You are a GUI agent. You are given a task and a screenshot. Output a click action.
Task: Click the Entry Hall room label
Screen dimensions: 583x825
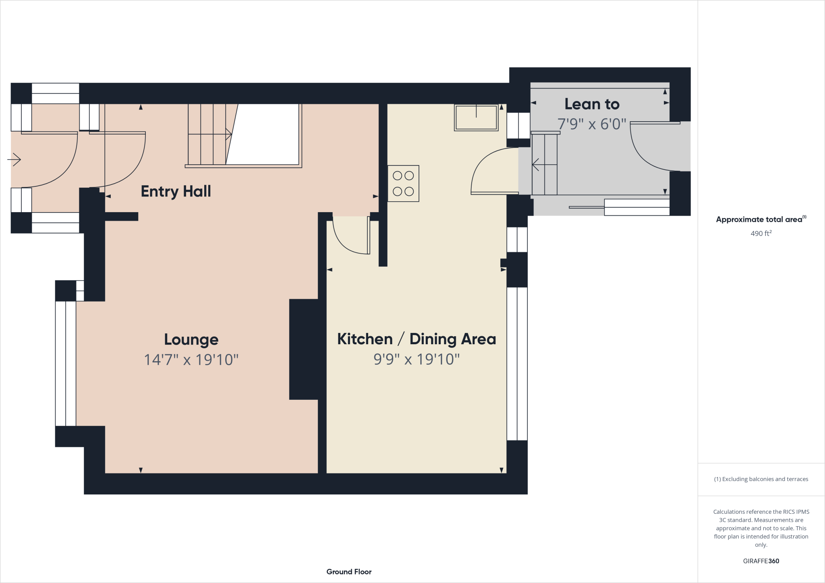176,191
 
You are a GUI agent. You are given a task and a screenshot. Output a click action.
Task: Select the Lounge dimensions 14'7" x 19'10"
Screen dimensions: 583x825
191,360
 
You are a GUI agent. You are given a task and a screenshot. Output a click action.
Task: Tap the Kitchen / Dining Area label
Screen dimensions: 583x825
416,339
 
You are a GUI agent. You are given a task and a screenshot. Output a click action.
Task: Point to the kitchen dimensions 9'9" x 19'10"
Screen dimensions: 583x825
416,359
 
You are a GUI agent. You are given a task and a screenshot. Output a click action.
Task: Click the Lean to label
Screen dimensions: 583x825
591,104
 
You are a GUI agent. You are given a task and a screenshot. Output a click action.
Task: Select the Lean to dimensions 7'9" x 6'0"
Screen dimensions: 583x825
591,124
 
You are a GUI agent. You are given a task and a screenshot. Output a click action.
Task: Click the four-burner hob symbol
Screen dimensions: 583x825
403,183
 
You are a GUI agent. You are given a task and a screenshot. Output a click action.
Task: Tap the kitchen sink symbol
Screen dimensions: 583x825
476,117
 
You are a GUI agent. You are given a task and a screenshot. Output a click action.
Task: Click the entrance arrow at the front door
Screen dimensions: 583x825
15,160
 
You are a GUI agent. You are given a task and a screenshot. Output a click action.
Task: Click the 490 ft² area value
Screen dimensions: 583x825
761,234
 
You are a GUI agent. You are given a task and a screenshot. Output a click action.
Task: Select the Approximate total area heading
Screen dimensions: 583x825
760,219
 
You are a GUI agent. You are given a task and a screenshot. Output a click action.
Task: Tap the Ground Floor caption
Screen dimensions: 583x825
349,572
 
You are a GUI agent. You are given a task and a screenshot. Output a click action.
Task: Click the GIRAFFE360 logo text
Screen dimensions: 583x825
761,561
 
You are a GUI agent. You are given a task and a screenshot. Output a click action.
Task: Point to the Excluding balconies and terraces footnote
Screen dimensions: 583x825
761,479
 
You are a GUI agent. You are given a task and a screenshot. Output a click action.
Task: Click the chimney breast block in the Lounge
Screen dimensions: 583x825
304,349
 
